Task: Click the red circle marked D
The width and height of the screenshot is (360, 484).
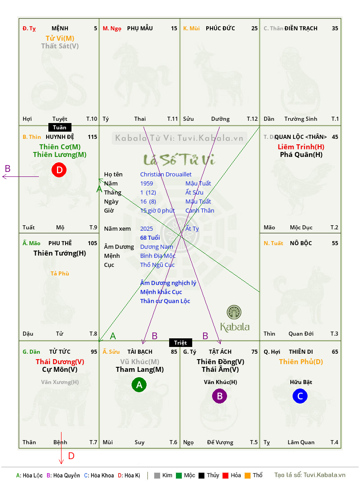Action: coord(59,171)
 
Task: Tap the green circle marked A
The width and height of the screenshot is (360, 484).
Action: coord(139,385)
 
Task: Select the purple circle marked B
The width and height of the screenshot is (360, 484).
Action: coord(219,396)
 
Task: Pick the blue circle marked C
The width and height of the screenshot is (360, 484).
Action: coord(300,397)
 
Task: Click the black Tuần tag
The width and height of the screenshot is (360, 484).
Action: coord(60,128)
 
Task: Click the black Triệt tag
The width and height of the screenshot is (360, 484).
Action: coord(180,342)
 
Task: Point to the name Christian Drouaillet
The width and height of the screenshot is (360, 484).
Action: coord(166,174)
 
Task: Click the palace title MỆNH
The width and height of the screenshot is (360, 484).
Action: coord(60,28)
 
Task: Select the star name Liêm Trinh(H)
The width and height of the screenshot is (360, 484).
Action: coord(301,147)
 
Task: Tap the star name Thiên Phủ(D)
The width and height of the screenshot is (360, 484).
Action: coord(301,361)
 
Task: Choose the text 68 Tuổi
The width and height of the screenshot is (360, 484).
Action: coord(150,237)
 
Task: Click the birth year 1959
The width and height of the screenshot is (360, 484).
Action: coord(147,183)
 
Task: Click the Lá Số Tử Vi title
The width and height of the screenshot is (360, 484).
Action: coord(179,159)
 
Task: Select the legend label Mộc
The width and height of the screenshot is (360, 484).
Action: coord(189,475)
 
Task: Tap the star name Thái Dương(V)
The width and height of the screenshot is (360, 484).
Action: coord(60,361)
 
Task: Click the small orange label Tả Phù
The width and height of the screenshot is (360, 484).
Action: coord(60,273)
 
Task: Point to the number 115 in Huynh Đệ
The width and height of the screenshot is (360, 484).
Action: coord(92,137)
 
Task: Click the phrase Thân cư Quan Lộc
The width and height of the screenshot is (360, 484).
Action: coord(165,301)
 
